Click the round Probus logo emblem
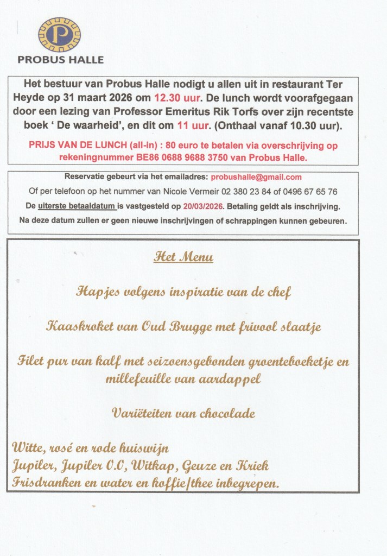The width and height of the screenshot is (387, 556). (59, 34)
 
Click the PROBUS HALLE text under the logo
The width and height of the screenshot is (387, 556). (60, 60)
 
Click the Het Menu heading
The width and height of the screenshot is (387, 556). (183, 257)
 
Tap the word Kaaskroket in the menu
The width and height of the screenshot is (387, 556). (73, 327)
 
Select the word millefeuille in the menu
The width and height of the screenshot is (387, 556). (140, 378)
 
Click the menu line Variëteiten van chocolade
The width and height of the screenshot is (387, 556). (183, 413)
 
